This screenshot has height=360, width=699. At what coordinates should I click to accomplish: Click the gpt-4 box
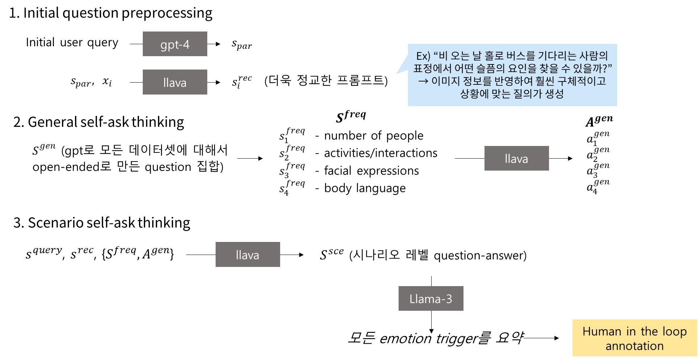[x=175, y=44]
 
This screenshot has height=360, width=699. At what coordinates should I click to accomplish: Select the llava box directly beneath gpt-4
[x=175, y=82]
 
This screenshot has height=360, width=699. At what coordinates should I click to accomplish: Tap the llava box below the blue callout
[x=517, y=158]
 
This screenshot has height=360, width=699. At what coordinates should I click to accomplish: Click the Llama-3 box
[x=431, y=298]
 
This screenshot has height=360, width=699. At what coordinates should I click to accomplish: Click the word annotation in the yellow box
[x=634, y=346]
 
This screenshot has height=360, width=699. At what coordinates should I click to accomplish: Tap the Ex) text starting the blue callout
[x=423, y=56]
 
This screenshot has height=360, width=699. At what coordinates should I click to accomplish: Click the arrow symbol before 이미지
[x=423, y=81]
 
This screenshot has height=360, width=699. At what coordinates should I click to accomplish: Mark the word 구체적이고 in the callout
[x=581, y=81]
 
